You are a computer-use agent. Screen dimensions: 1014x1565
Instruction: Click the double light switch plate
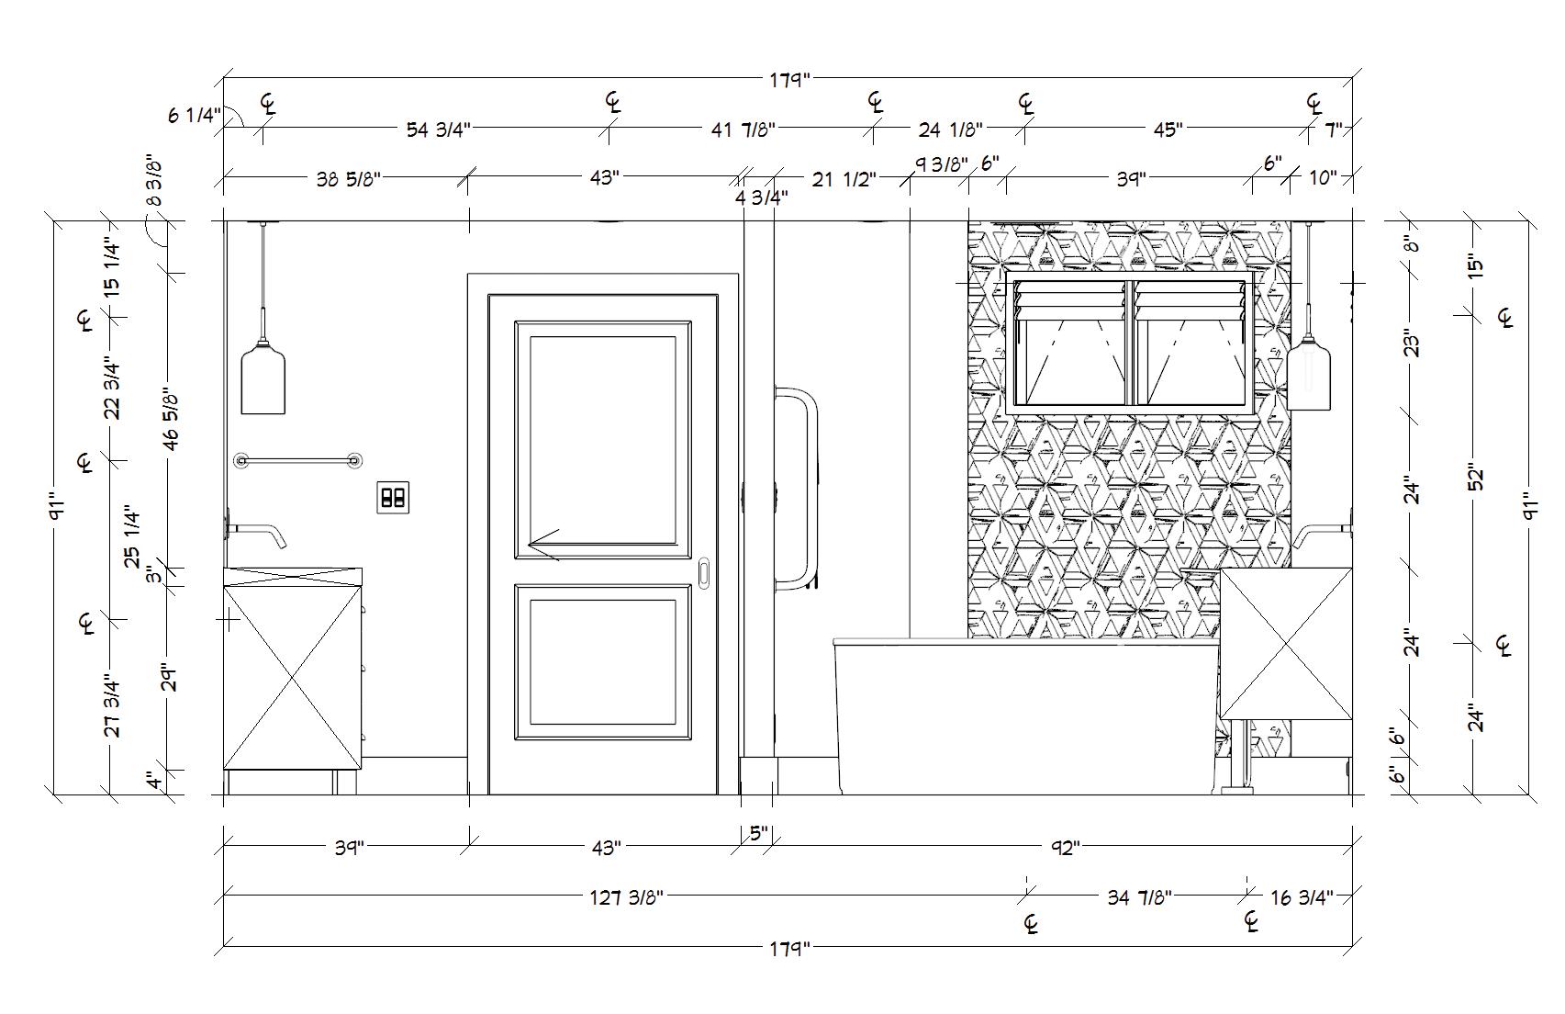coord(393,497)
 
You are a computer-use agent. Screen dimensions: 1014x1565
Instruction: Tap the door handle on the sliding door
coord(704,573)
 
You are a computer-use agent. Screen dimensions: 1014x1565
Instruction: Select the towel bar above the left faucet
coord(297,460)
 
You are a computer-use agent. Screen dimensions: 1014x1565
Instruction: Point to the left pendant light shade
coord(263,377)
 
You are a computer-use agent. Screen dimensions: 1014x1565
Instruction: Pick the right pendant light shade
coord(1308,374)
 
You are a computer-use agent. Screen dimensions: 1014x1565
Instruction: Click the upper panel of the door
coord(602,439)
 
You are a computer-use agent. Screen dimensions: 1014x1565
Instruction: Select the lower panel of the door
coord(602,661)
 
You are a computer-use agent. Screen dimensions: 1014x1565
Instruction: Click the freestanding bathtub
coord(1023,716)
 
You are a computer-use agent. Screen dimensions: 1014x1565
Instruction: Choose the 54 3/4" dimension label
coord(439,130)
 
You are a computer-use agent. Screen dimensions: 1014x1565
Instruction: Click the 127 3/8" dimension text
coord(626,897)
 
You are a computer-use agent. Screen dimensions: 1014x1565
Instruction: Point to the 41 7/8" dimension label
coord(743,130)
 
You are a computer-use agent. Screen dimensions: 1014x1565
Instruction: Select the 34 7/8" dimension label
coord(1140,897)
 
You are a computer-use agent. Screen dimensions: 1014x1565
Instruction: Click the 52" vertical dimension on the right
coord(1476,478)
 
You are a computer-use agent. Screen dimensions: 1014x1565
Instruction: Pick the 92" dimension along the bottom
coord(1063,848)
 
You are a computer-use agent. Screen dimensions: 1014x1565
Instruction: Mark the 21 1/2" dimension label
coord(844,179)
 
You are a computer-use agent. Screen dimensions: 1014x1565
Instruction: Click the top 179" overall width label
coord(791,80)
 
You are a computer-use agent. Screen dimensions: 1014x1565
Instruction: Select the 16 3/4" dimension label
coord(1302,897)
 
